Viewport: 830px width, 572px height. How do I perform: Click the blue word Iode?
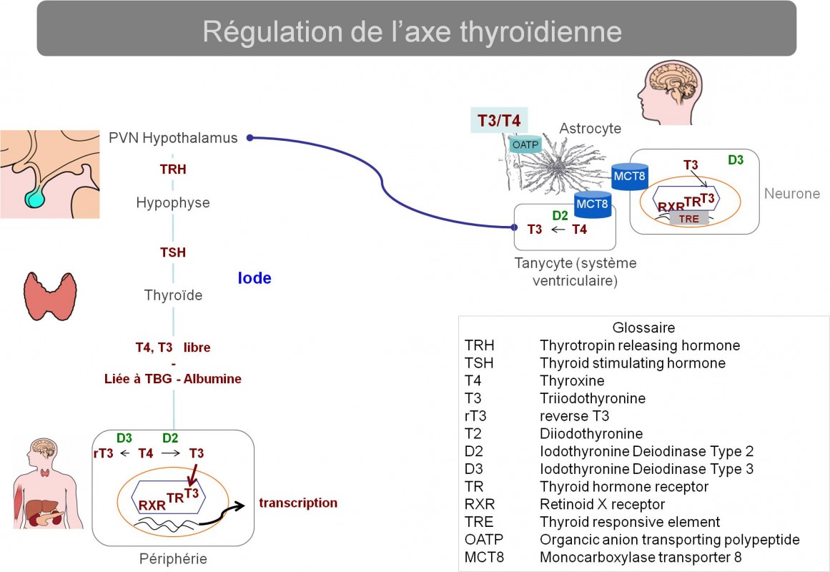pos(254,278)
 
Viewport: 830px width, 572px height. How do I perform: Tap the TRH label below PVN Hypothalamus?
pos(173,169)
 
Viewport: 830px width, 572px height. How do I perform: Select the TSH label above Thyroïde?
pos(173,252)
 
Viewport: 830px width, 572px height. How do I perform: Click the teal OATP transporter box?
pos(525,144)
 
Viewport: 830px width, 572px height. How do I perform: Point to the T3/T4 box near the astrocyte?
pos(498,121)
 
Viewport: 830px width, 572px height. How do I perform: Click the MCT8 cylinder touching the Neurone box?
pos(629,176)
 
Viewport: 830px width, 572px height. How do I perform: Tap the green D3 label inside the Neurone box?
pos(735,160)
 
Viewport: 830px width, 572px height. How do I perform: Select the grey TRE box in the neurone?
pos(688,219)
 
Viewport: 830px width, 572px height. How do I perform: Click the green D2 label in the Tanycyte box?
pos(560,215)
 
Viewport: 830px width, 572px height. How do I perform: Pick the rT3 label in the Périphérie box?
pos(103,453)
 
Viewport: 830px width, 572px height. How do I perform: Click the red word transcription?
pos(298,503)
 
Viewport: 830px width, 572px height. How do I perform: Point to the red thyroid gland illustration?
pos(50,296)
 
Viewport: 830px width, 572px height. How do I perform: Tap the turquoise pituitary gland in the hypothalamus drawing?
pos(36,197)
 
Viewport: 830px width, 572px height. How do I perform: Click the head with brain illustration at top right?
pos(670,93)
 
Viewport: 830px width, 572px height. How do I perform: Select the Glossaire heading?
pos(643,327)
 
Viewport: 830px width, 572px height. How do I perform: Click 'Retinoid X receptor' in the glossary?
pos(603,504)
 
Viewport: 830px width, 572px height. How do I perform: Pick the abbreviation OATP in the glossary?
pos(484,539)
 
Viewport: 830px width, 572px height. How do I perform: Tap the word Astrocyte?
pos(591,128)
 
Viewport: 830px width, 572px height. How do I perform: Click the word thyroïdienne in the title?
pos(541,31)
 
